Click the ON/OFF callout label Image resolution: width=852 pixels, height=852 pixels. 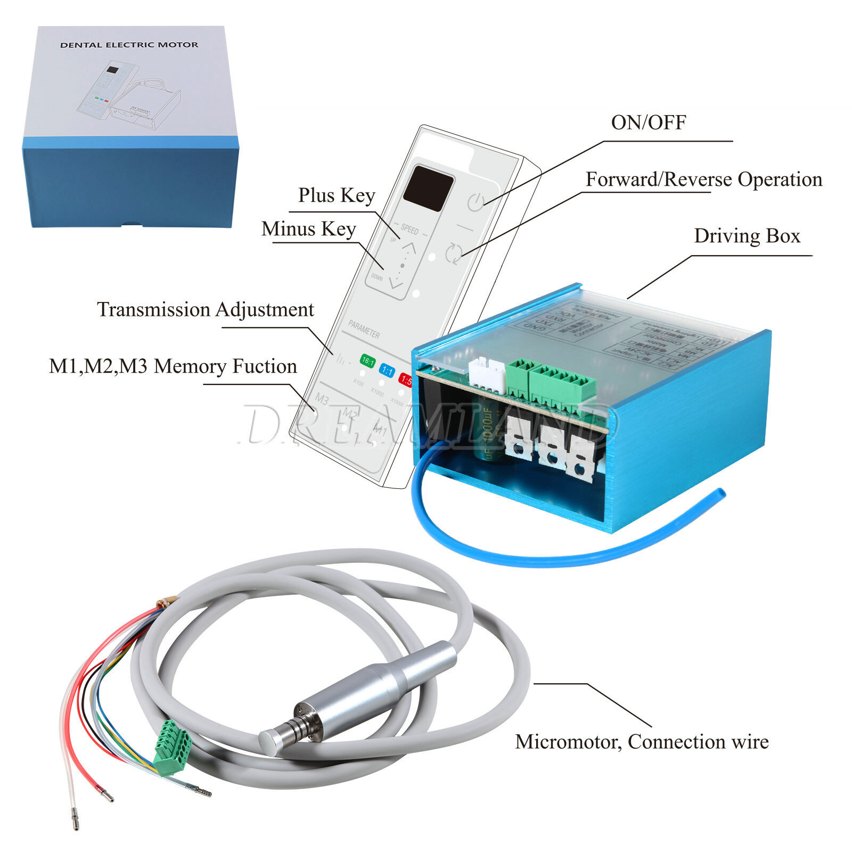(648, 122)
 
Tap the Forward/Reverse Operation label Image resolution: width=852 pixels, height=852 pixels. (703, 179)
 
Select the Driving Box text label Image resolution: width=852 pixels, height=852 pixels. (747, 236)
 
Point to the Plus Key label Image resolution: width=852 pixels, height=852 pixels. (337, 195)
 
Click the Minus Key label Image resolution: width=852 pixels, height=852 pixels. (308, 229)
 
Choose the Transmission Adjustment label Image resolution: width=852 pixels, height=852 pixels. (206, 309)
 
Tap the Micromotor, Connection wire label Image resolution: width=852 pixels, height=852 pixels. (642, 742)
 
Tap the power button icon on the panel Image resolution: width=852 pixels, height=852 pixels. (476, 202)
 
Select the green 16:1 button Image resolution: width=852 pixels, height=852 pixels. (368, 361)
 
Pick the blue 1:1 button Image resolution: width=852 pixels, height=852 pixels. (387, 370)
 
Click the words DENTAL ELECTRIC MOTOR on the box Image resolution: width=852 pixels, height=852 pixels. (129, 45)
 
